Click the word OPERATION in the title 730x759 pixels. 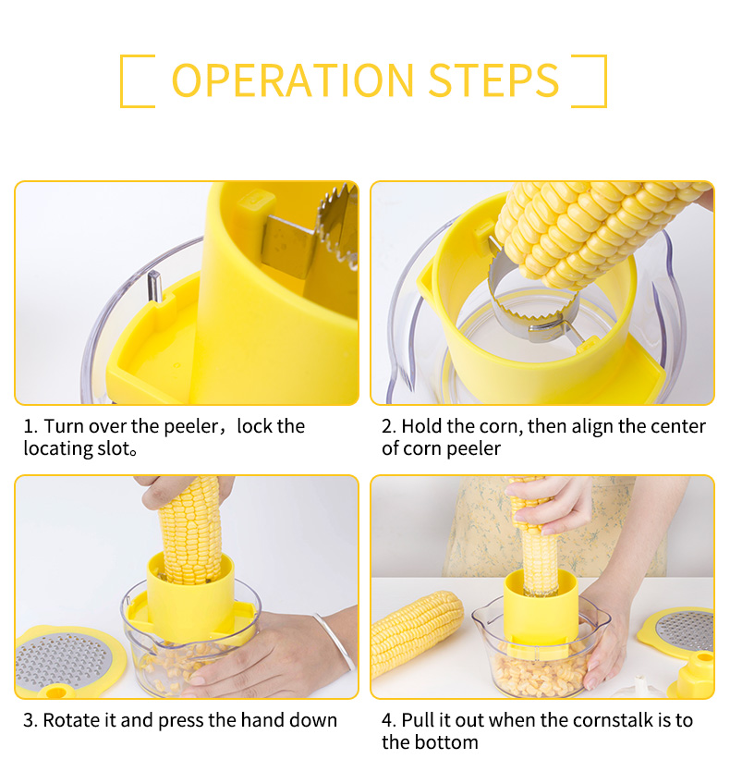293,80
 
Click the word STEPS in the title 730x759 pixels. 494,80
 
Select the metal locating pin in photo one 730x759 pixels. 154,286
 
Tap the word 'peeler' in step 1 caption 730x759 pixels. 191,427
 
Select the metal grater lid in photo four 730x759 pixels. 685,630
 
